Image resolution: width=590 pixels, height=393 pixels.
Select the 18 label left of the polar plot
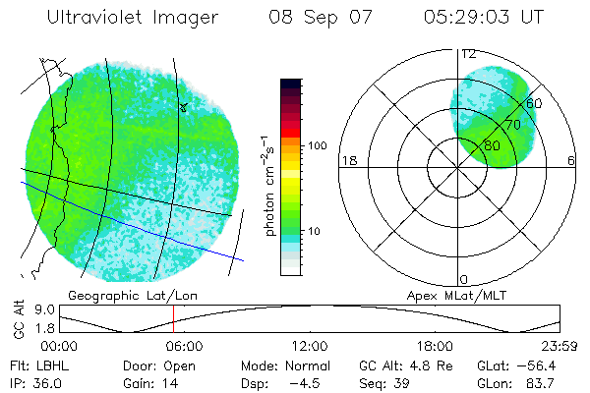pos(348,161)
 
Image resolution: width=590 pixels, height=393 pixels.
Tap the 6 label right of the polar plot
pos(571,161)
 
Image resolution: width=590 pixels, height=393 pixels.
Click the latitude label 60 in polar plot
pos(535,103)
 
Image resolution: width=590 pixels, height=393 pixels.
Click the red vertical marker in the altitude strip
pos(173,319)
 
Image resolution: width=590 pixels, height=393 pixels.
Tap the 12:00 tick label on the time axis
pos(310,346)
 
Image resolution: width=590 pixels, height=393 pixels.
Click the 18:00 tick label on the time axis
pos(435,346)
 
